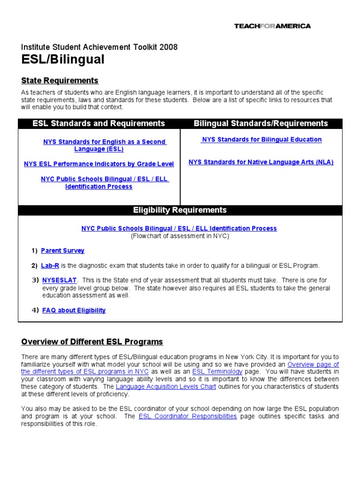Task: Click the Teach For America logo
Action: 272,26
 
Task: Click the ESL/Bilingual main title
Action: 63,60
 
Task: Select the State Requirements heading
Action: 60,81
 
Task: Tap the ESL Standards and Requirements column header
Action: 98,123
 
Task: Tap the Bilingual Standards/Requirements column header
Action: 261,123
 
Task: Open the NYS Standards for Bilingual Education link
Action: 262,139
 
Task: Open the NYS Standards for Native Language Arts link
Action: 261,162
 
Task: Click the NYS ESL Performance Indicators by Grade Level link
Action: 99,164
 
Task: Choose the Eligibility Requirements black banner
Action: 180,210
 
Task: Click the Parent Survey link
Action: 63,251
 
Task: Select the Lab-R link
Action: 50,266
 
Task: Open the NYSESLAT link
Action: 60,280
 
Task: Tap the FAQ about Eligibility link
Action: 74,310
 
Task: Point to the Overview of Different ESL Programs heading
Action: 92,342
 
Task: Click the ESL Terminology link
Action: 217,372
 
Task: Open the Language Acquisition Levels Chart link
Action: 166,387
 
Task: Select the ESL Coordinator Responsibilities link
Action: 187,416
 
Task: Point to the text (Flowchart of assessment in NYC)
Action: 180,236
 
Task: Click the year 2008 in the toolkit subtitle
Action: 168,47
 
